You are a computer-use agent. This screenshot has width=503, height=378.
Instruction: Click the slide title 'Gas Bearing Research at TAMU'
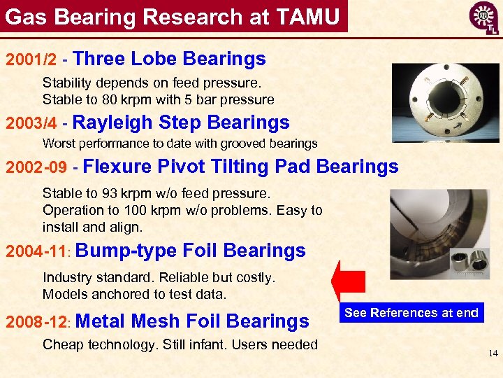pos(173,16)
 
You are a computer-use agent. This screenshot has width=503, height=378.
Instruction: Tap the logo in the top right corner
pos(484,18)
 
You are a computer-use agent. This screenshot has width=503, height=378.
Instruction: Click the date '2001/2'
pos(31,59)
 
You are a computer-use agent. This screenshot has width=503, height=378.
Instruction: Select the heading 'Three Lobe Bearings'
pos(169,59)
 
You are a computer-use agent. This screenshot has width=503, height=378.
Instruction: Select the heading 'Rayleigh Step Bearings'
pos(181,122)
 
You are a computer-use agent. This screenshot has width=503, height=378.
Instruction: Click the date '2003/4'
pos(31,123)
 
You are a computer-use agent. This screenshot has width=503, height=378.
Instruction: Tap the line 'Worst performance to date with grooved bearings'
pos(180,143)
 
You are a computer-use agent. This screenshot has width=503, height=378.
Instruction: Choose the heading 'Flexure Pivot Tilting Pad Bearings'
pos(241,167)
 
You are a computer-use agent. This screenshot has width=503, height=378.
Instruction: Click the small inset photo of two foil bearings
pos(469,264)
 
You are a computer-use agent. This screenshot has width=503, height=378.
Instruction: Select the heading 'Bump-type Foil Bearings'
pos(194,251)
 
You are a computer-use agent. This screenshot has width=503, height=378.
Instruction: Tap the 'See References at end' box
pos(411,313)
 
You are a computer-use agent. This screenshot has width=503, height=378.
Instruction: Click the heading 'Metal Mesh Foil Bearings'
pos(191,321)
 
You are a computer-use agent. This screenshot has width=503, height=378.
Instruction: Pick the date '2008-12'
pos(35,322)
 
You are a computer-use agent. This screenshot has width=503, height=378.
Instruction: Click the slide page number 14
pos(493,353)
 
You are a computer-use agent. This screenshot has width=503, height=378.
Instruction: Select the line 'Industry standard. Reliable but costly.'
pos(159,278)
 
